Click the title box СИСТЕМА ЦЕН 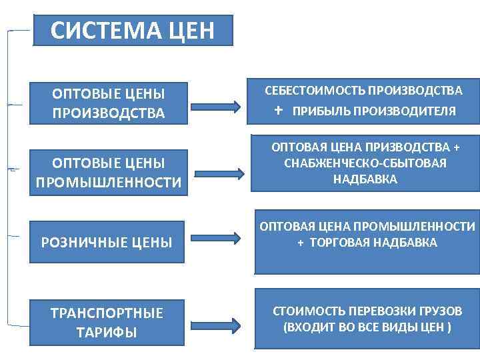[x=133, y=31]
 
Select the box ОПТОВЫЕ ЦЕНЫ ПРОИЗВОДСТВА [x=108, y=103]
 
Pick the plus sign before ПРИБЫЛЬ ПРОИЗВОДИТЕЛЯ [x=279, y=110]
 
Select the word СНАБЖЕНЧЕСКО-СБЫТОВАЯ [x=365, y=163]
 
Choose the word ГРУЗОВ [x=439, y=311]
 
